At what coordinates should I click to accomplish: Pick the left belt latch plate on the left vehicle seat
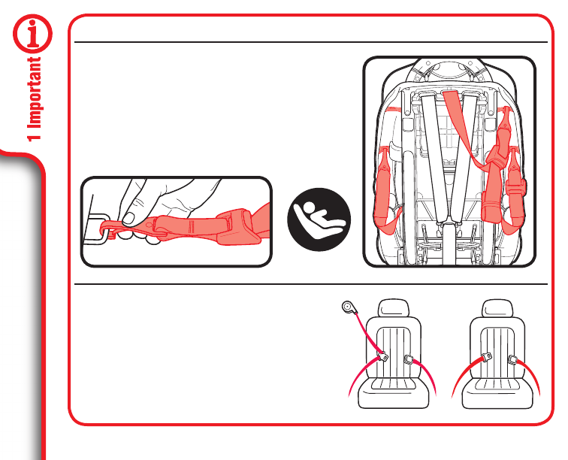382,357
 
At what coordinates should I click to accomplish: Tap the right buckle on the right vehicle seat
514,361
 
